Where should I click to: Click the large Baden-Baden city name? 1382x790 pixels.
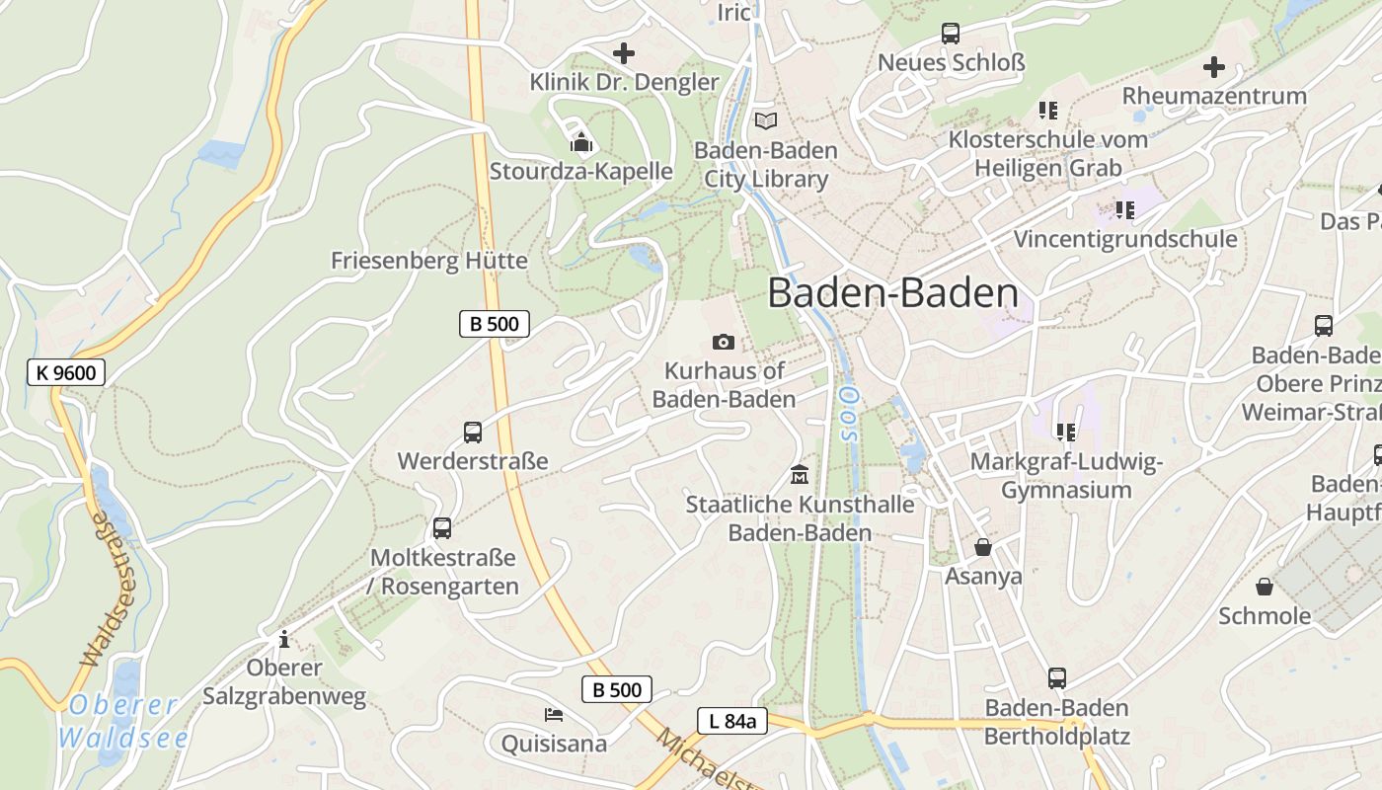click(x=892, y=293)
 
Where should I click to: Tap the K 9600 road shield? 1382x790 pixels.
click(x=66, y=372)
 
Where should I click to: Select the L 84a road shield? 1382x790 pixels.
click(x=731, y=721)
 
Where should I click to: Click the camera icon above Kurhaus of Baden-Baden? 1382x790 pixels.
click(x=724, y=342)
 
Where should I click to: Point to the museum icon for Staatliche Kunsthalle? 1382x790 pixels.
click(x=799, y=475)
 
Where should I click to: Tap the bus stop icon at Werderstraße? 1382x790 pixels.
click(x=473, y=432)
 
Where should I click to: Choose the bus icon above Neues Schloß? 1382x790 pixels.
click(x=951, y=34)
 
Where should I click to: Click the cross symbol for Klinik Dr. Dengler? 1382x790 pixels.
click(x=624, y=53)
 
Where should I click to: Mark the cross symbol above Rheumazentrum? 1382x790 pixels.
click(x=1214, y=67)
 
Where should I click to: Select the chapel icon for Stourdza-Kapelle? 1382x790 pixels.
click(x=581, y=143)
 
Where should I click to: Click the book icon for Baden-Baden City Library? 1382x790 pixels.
click(x=766, y=121)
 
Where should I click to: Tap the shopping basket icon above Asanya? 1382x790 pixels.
click(x=983, y=547)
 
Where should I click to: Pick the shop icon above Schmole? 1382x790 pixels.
click(x=1265, y=588)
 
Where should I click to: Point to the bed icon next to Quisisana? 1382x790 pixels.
click(x=554, y=714)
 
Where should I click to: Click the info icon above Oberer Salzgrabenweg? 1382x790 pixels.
click(x=284, y=639)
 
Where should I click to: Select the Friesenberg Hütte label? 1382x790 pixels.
click(x=428, y=261)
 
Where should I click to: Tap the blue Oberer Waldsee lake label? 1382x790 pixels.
click(x=123, y=721)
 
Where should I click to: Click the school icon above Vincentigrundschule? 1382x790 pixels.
click(x=1124, y=209)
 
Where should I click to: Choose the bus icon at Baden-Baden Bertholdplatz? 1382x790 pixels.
click(x=1057, y=678)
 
